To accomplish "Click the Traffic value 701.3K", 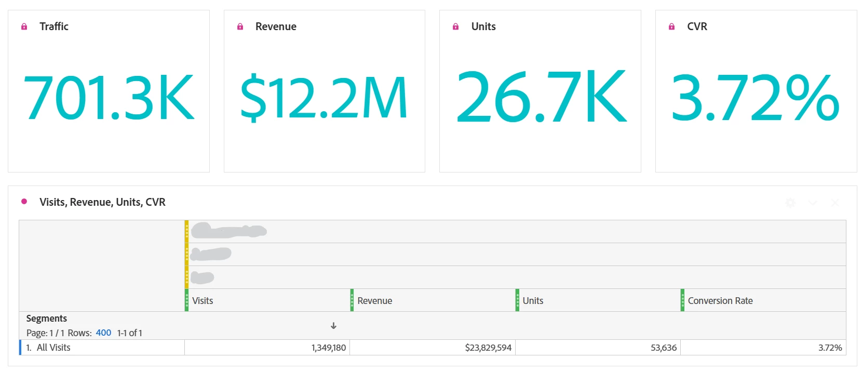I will [109, 98].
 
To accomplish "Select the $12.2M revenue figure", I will [324, 98].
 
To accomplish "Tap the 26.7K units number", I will [541, 98].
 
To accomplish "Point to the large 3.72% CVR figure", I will [756, 98].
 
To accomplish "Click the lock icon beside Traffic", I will [24, 27].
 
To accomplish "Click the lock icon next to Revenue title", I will [240, 27].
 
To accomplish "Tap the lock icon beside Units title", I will [455, 27].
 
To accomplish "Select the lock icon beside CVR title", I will [671, 27].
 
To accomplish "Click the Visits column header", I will [203, 301].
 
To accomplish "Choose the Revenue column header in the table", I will [375, 301].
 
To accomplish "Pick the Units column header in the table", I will [533, 301].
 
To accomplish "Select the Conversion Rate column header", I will [720, 301].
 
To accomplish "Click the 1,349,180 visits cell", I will [329, 348].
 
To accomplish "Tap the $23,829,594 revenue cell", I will [488, 348].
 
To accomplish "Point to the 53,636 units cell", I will [664, 348].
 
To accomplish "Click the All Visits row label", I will [53, 348].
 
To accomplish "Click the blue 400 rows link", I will [103, 333].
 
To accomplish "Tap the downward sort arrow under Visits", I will [333, 326].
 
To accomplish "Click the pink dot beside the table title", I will [24, 202].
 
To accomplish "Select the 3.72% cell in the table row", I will [830, 348].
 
